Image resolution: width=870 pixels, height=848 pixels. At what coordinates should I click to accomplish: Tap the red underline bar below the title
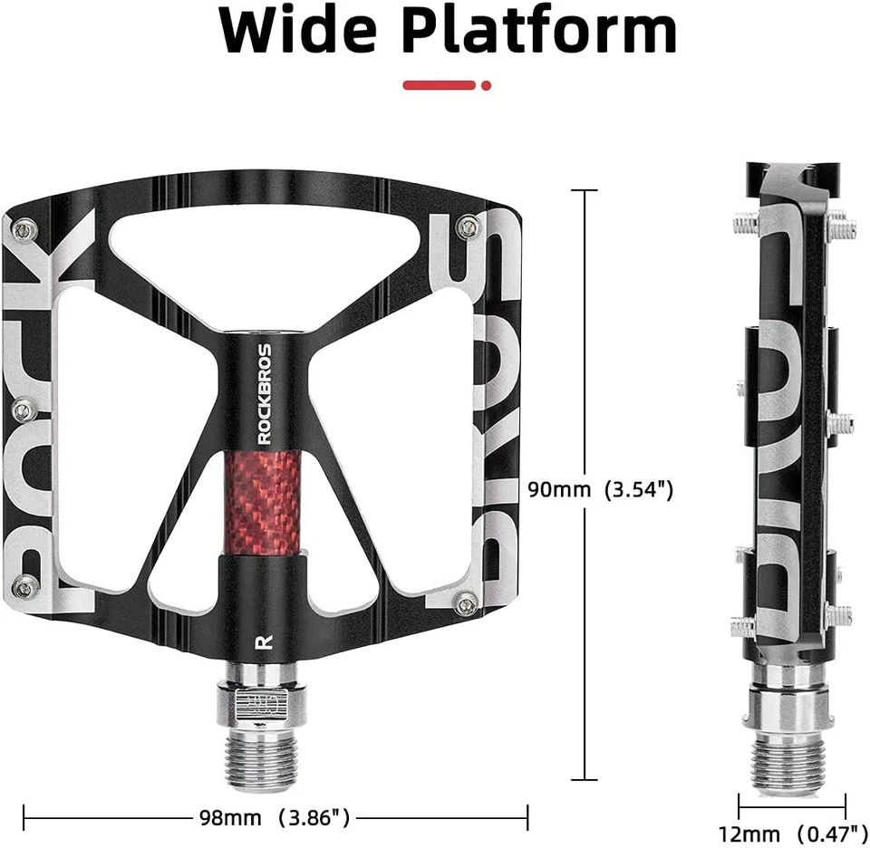coord(440,85)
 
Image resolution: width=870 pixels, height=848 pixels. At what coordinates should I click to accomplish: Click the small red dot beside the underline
coord(487,85)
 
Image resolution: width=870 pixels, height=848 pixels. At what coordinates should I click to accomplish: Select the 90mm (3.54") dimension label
coord(600,490)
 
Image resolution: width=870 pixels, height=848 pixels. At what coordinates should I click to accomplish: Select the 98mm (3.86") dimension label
coord(275,818)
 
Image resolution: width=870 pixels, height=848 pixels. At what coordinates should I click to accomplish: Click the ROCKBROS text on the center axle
coord(264,393)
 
